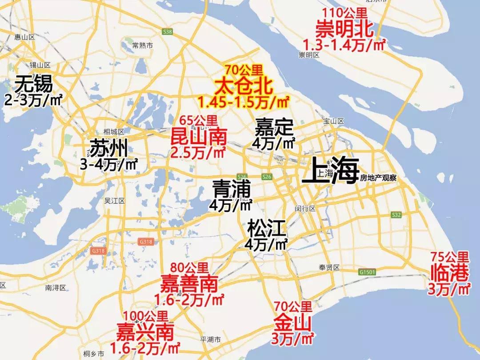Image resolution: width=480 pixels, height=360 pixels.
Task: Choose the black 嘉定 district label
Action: pos(274,128)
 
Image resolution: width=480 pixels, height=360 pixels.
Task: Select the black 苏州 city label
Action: pos(108,148)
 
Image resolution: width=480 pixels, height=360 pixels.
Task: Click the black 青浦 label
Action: pos(232,188)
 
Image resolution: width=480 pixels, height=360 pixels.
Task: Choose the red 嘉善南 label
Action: pos(189,283)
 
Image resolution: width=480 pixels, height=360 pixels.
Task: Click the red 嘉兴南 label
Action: pos(145,331)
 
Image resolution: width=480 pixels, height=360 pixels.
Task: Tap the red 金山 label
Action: pos(293,321)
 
